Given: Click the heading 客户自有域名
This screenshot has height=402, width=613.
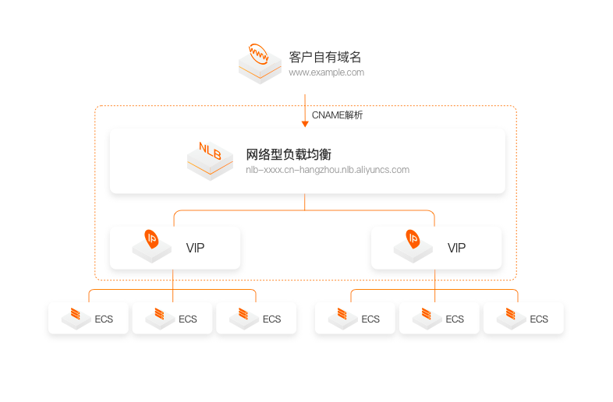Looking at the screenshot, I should click(x=325, y=57).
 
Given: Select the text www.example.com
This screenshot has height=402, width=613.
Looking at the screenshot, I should click(x=326, y=72).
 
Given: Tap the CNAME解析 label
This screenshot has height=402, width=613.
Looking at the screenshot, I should click(x=337, y=115).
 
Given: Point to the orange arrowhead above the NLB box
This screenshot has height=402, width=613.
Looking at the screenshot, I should click(x=305, y=123).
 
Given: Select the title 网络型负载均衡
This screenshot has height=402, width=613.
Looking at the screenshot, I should click(x=289, y=154).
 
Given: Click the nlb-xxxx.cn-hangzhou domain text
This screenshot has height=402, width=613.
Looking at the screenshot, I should click(x=328, y=169).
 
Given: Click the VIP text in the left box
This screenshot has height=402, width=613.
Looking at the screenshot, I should click(x=195, y=248).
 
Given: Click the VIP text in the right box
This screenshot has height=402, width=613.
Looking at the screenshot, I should click(x=456, y=248).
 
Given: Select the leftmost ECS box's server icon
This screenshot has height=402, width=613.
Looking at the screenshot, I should click(x=76, y=316).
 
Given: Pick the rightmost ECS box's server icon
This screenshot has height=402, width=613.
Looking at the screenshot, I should click(x=512, y=316).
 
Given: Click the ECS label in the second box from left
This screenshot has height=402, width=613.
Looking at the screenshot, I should click(x=188, y=319).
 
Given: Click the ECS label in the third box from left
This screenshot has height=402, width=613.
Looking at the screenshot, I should click(x=271, y=319).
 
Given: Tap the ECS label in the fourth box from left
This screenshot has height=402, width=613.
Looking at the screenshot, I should click(x=370, y=319).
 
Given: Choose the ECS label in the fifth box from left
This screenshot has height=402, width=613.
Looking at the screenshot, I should click(x=455, y=319).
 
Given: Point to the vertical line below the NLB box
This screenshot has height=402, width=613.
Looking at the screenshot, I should click(x=305, y=202).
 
